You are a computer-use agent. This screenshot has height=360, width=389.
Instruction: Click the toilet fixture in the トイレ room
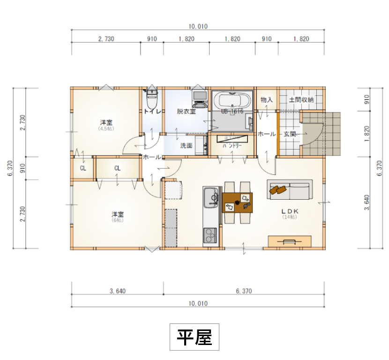pos(152,99)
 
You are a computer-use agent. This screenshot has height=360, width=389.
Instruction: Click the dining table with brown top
pos(238,202)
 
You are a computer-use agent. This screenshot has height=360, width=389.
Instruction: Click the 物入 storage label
pos(267,100)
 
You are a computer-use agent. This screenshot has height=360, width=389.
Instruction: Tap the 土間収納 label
pos(301,100)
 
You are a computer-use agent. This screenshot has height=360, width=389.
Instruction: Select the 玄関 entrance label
pos(290,134)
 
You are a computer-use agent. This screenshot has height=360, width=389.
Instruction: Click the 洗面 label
pos(186,146)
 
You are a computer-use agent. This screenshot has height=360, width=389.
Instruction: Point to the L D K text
pos(289,211)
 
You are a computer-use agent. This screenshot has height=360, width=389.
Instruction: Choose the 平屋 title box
pos(194,337)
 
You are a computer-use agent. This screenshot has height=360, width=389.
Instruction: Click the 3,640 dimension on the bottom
pos(118,291)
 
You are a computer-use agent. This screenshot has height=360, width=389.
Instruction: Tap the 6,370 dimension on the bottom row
pos(244,291)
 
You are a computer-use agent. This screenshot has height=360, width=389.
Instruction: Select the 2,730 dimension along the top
pos(106,39)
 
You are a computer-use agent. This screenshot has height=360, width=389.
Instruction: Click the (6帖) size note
pos(117,220)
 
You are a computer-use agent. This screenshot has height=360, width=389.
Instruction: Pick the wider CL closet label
pos(117,168)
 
